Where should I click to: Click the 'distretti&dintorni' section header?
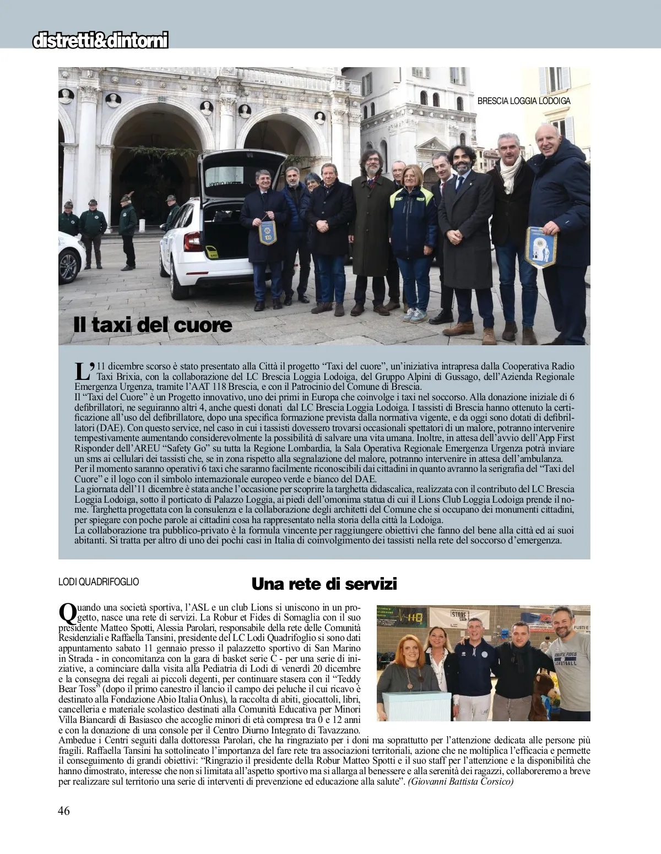[100, 41]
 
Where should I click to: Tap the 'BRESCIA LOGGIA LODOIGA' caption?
[524, 101]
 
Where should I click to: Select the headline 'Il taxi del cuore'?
[153, 325]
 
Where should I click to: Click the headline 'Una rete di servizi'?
[324, 583]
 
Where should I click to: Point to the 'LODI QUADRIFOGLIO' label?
[99, 581]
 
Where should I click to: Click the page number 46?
[64, 825]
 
